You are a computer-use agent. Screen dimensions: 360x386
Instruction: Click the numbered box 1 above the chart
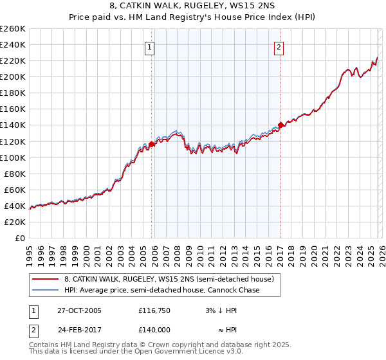150,47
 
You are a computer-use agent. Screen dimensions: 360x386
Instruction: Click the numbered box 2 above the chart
279,47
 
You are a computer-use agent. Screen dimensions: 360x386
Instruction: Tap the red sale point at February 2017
280,125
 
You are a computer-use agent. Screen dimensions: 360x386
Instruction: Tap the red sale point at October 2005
152,143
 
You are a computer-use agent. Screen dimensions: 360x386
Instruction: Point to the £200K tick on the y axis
13,76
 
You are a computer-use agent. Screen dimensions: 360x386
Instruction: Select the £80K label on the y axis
15,174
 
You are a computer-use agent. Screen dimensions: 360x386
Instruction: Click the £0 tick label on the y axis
21,238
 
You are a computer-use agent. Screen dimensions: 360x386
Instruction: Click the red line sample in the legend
46,279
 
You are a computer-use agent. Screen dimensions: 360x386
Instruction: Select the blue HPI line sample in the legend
46,290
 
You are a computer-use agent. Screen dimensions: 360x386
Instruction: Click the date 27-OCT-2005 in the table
75,310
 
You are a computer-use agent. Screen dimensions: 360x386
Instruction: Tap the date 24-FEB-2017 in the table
75,328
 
